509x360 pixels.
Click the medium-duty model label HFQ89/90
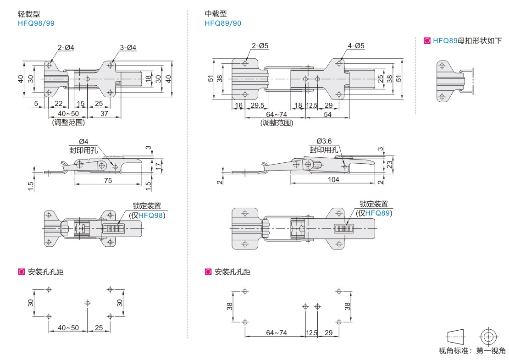(x=223, y=23)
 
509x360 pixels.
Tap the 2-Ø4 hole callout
(x=66, y=47)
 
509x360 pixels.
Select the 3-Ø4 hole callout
(x=128, y=47)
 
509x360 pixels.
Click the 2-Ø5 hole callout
(x=260, y=46)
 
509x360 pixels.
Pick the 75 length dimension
(x=107, y=181)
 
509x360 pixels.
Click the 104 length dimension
(x=333, y=180)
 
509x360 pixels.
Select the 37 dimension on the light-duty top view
(x=104, y=114)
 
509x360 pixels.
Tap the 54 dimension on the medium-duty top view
(x=327, y=114)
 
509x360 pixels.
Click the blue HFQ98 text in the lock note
(x=150, y=215)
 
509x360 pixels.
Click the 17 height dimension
(x=159, y=165)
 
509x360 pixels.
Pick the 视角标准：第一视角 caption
(x=471, y=351)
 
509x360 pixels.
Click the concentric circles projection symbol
(x=489, y=337)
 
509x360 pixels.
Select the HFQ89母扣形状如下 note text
(x=467, y=41)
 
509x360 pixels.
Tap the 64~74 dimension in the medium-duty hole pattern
(x=276, y=332)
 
